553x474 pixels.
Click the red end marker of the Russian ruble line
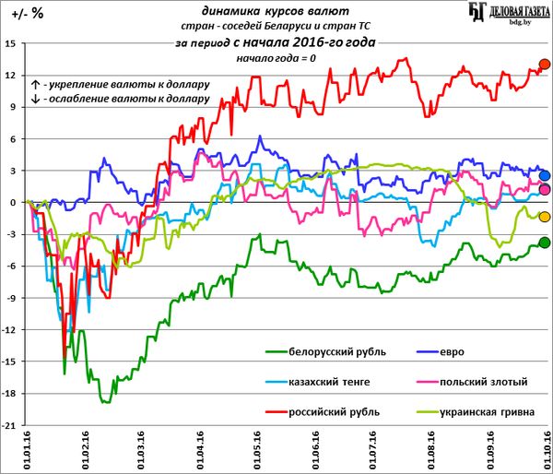point(544,65)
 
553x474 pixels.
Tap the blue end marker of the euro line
point(544,175)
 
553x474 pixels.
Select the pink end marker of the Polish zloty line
point(544,190)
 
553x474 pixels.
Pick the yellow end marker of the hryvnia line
point(544,217)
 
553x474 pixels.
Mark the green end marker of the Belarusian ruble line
point(544,243)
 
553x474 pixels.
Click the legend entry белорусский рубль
point(337,352)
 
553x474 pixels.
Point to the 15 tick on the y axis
point(10,43)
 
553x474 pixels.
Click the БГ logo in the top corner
point(477,13)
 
